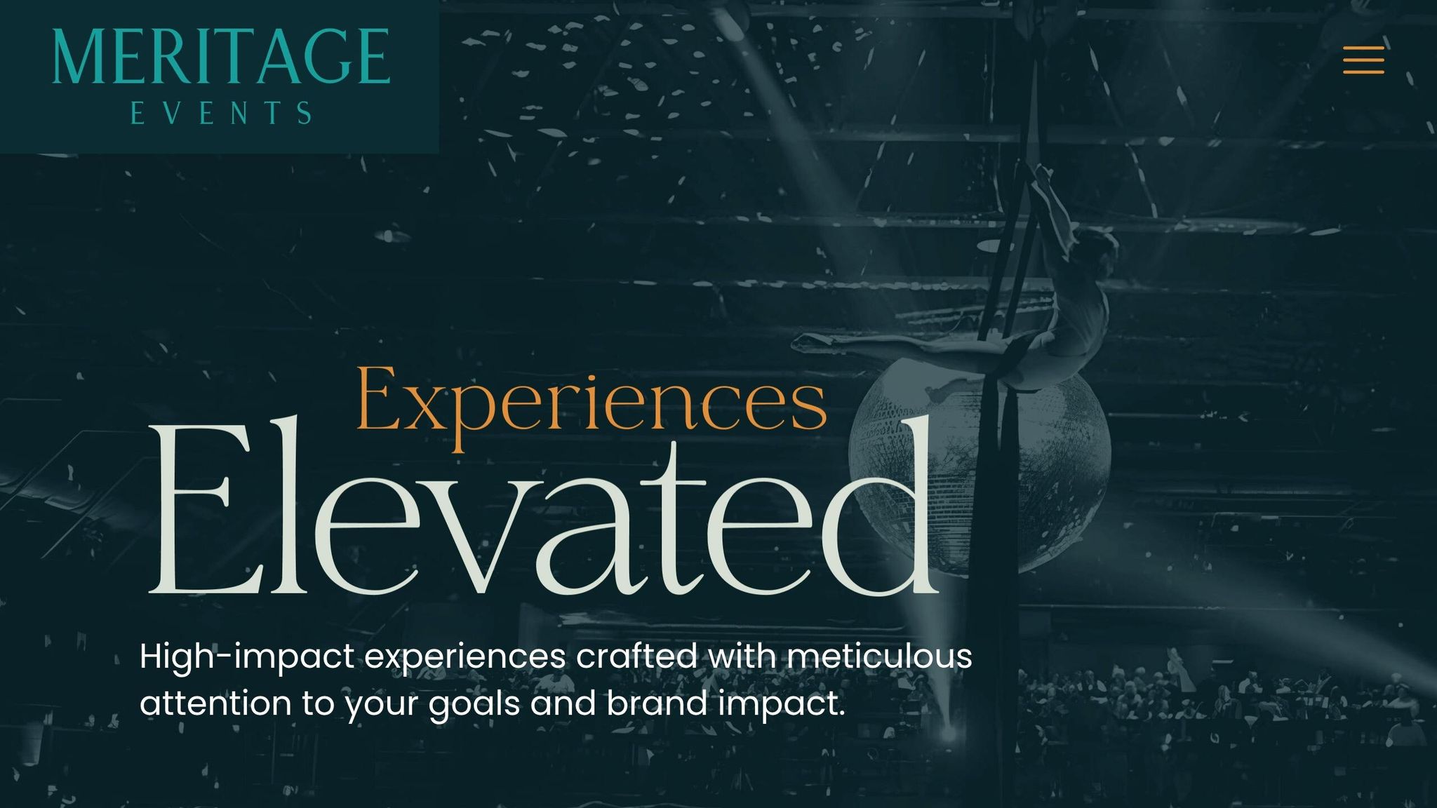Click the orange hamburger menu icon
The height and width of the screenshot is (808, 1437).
[x=1363, y=60]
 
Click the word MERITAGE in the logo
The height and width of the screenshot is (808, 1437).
[x=221, y=57]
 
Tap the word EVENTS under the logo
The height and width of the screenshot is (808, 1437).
[x=221, y=114]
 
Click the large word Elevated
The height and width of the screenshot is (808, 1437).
[x=544, y=509]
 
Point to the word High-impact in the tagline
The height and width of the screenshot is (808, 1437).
[x=246, y=658]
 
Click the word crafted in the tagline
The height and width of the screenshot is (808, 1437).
[x=636, y=656]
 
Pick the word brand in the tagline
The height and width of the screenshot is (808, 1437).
[x=657, y=703]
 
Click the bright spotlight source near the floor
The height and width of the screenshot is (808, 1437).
[x=948, y=734]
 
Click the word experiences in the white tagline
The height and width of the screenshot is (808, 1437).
[x=465, y=658]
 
